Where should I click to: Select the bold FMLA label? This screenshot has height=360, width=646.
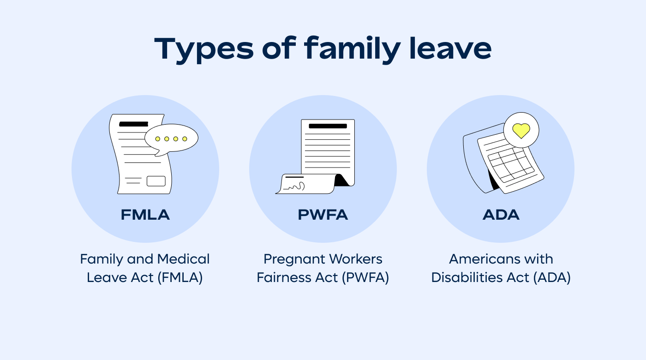(145, 215)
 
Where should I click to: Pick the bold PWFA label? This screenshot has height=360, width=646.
(323, 215)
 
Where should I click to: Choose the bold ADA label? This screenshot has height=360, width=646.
(501, 215)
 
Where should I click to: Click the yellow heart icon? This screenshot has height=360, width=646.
(521, 130)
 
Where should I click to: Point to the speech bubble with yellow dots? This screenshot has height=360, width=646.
(171, 138)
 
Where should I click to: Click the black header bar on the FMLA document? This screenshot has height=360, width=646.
(133, 124)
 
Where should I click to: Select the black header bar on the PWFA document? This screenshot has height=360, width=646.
(328, 126)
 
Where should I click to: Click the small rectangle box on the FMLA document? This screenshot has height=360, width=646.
(156, 181)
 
